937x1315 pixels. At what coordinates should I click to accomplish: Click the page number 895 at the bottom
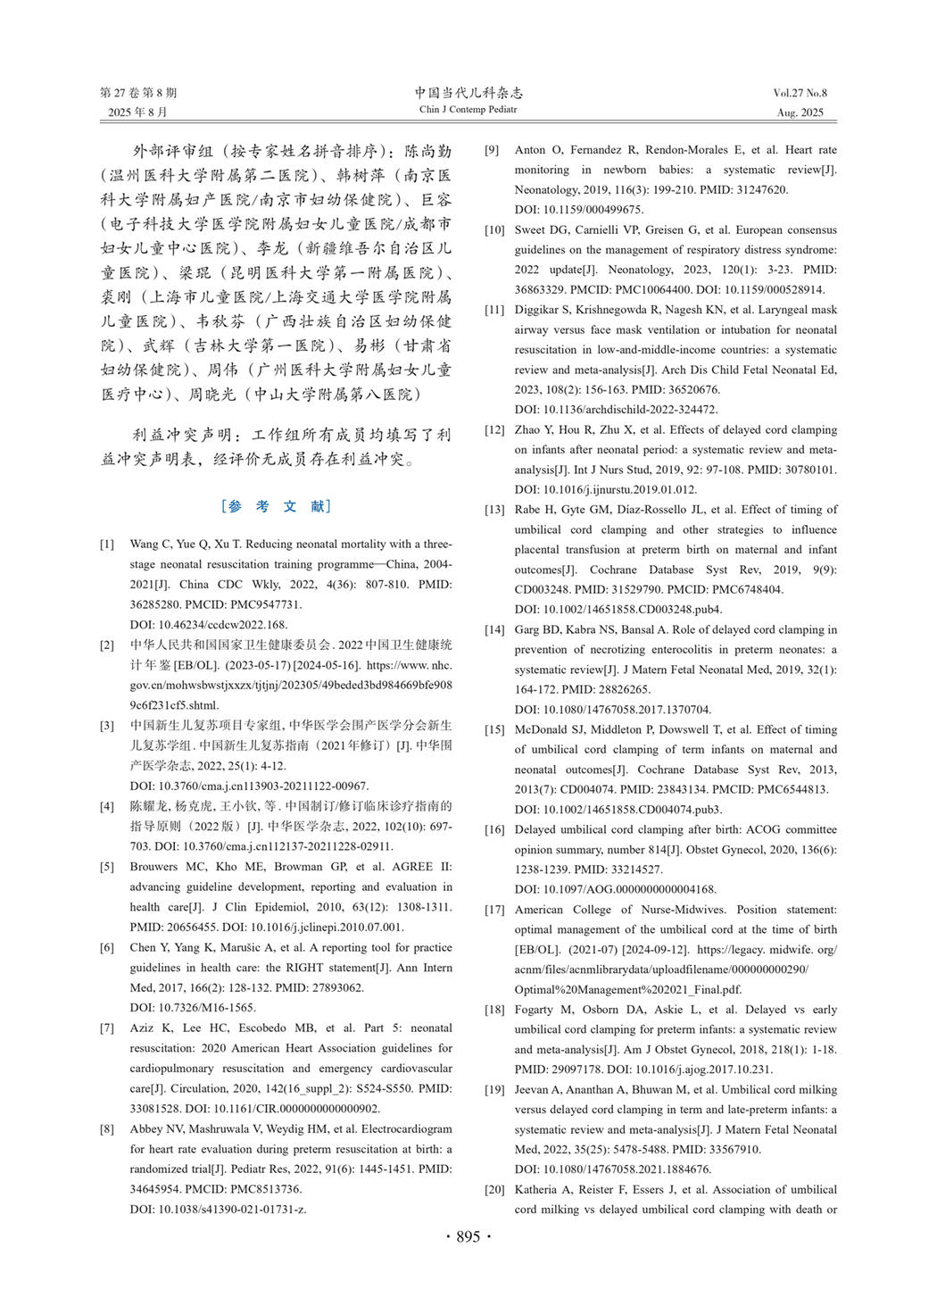468,1236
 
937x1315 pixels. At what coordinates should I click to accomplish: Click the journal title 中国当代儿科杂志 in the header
468,92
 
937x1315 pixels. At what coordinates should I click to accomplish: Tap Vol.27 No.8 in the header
800,93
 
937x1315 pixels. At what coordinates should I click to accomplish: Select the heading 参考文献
276,506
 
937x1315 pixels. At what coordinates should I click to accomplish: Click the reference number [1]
107,545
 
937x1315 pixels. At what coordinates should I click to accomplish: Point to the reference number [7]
107,1028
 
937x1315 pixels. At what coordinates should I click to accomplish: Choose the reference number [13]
494,510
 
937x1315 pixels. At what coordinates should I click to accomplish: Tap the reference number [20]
494,1190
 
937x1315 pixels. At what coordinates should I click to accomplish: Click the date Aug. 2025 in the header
800,112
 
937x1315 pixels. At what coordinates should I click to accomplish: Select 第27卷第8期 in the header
138,93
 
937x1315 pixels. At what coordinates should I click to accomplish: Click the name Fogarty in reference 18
534,1010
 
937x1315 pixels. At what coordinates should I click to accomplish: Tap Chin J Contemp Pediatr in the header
468,110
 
